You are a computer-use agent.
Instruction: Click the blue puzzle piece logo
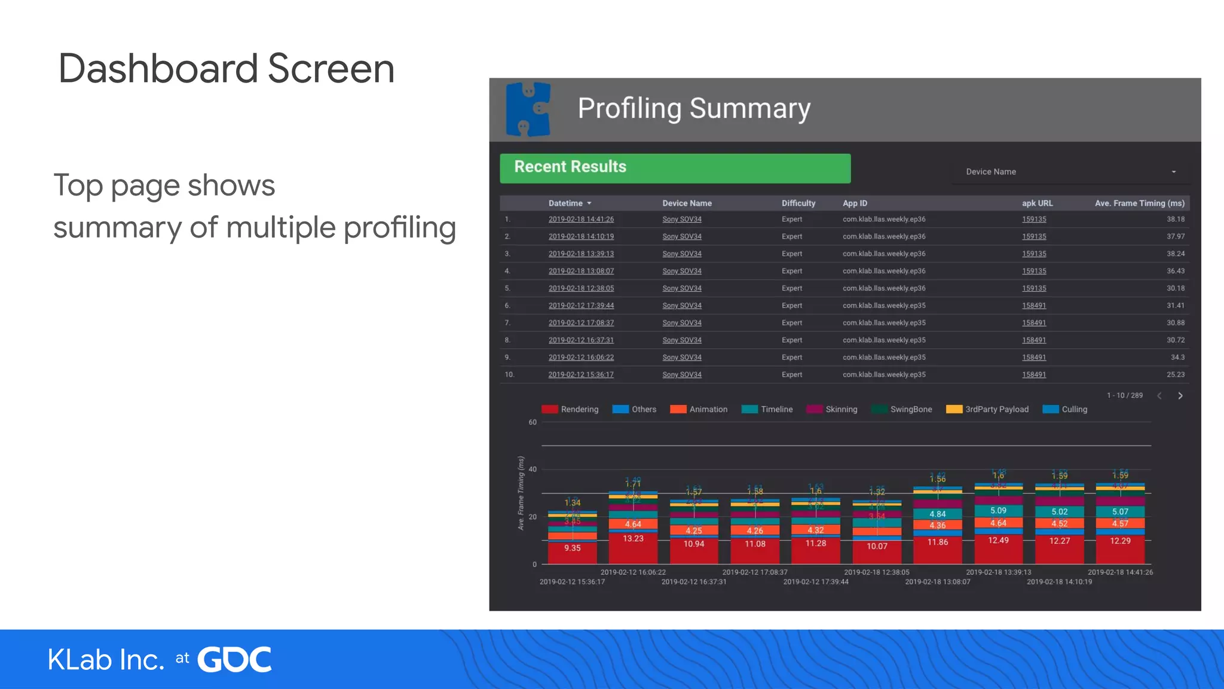528,109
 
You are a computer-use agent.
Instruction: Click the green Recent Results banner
675,168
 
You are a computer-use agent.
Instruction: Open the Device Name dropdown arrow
1174,172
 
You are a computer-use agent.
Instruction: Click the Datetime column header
565,203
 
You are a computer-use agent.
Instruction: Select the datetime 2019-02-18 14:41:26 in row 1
581,219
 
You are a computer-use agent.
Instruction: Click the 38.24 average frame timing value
1175,254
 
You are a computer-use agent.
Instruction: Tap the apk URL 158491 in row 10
1033,375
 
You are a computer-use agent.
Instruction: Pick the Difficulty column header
798,203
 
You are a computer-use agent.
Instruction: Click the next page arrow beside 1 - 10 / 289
1180,396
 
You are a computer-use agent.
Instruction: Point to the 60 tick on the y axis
532,422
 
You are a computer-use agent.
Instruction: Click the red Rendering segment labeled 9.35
572,548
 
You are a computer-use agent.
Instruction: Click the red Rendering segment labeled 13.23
633,539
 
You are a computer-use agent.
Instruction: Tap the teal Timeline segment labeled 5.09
998,511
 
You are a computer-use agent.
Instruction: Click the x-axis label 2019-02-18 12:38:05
876,572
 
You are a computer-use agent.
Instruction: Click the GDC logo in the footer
234,660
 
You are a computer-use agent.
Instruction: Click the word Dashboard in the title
158,69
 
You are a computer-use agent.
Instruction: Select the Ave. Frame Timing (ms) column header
1139,203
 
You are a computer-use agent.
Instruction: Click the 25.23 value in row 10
1175,375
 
